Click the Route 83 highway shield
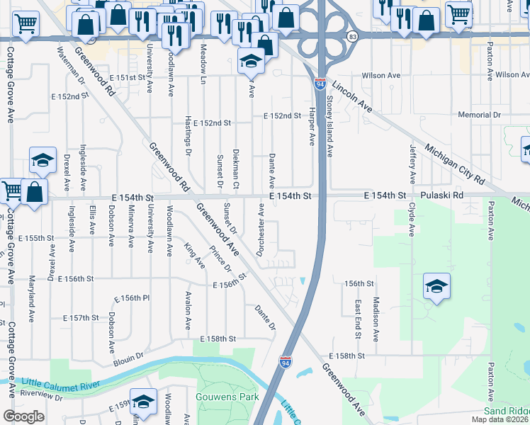pyautogui.click(x=352, y=35)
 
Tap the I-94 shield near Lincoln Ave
pyautogui.click(x=320, y=84)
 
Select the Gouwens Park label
pyautogui.click(x=228, y=397)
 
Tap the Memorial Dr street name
pyautogui.click(x=480, y=115)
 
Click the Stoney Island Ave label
pyautogui.click(x=329, y=123)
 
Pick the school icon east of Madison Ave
pyautogui.click(x=436, y=287)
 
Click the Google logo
pyautogui.click(x=23, y=416)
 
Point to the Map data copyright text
pyautogui.click(x=500, y=419)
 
